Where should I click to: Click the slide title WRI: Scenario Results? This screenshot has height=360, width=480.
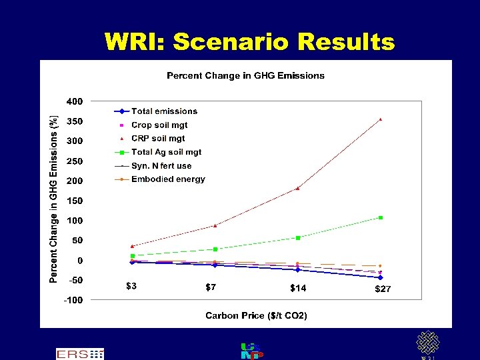(249, 42)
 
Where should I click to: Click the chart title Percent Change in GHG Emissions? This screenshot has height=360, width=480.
(245, 75)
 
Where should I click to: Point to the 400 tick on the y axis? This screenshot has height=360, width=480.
(74, 101)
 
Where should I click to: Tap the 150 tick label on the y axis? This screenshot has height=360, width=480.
(74, 201)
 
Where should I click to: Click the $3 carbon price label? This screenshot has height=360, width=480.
(132, 287)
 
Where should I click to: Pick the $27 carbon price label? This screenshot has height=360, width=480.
(383, 289)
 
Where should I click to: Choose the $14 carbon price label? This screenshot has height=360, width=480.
(298, 288)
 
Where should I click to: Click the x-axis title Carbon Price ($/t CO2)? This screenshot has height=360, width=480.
(256, 315)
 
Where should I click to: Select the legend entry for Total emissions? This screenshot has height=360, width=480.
(164, 111)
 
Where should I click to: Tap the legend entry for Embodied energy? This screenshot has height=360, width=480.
(168, 179)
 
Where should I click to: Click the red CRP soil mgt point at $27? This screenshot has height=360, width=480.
(380, 119)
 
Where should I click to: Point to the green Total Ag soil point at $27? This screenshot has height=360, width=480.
(380, 217)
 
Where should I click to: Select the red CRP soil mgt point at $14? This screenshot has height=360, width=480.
(297, 188)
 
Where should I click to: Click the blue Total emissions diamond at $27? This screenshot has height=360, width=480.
(380, 277)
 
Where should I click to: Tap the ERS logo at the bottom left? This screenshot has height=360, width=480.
(79, 354)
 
